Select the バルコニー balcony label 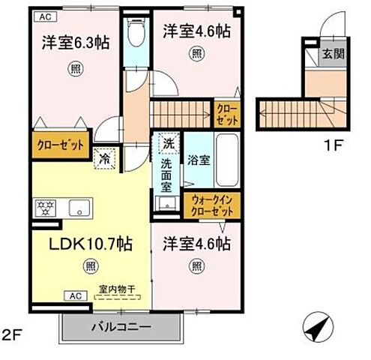[x=121, y=327]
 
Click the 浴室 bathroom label [x=198, y=160]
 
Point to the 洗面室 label [x=168, y=176]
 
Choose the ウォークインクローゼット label [x=213, y=205]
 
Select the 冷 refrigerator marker [x=104, y=158]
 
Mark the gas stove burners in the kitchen [x=43, y=208]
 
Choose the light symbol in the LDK [x=90, y=264]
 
